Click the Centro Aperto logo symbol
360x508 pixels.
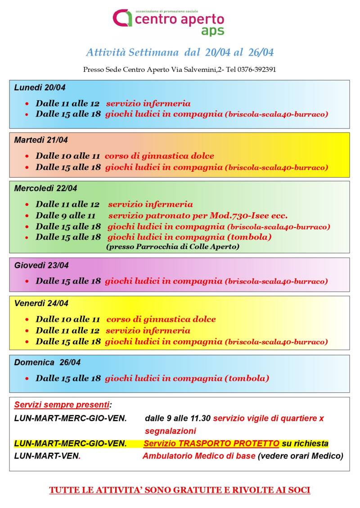click(122, 18)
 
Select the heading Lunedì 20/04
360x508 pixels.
click(40, 88)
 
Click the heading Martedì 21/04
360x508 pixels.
click(41, 140)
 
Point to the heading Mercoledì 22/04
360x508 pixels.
click(45, 188)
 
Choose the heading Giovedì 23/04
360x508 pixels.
click(41, 265)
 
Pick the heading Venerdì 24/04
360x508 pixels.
click(41, 303)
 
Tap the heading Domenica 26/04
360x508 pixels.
click(47, 362)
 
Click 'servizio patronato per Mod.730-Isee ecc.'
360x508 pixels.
click(198, 215)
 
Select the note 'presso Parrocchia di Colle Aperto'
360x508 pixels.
click(173, 247)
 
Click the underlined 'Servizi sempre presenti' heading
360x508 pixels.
click(62, 405)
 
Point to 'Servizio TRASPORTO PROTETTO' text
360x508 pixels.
click(211, 444)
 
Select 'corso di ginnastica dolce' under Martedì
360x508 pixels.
click(159, 156)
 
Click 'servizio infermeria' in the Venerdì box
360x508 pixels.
click(148, 330)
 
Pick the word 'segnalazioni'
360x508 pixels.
click(171, 431)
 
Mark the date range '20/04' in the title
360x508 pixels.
click(218, 53)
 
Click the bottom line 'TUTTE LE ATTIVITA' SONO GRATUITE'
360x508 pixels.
click(180, 490)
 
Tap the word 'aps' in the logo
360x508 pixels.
click(212, 31)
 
